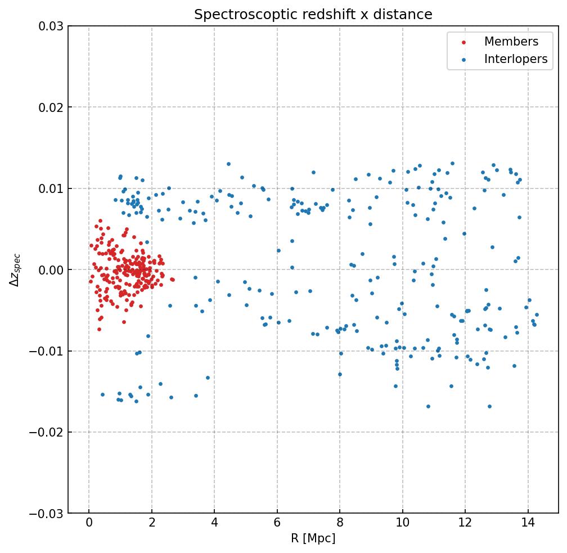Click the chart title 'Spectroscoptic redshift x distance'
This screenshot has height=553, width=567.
tap(313, 15)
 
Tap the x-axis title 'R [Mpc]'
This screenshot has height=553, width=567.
tap(313, 538)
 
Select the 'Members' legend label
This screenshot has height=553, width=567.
tap(511, 42)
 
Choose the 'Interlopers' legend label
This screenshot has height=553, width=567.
tap(516, 59)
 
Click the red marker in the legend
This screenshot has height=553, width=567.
tap(463, 42)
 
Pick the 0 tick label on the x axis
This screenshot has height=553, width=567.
tap(89, 523)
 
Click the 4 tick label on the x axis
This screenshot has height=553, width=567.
tap(214, 523)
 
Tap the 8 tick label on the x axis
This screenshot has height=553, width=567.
tap(340, 523)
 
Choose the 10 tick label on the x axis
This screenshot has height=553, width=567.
tap(402, 523)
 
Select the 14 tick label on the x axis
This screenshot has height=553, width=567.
tap(528, 523)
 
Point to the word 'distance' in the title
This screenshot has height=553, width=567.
tap(407, 15)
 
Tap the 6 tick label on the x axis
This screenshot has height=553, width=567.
tap(277, 523)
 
